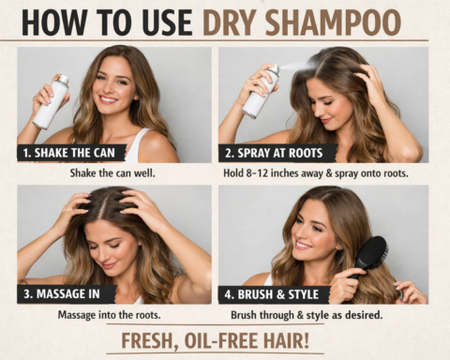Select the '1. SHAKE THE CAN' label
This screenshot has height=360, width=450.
[70, 153]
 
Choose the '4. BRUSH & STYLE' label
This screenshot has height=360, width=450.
[275, 293]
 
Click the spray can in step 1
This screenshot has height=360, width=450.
[51, 101]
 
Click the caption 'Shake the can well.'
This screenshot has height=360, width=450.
[112, 172]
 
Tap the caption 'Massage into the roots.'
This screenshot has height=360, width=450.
[111, 314]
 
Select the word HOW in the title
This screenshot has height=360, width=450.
[52, 21]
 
